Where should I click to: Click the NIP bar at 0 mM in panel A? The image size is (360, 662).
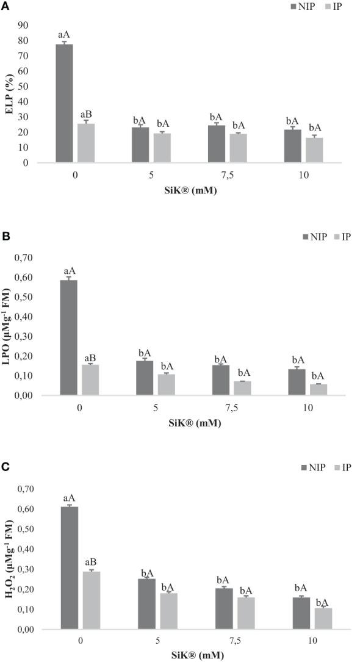coord(64,104)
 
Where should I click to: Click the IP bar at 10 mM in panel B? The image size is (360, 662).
coord(318,389)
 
